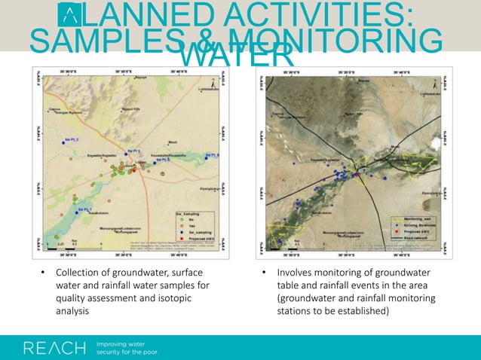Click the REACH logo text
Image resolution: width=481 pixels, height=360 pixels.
click(x=55, y=348)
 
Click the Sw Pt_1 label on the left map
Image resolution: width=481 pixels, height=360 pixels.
click(x=81, y=209)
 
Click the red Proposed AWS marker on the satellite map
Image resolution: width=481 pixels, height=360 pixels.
click(x=357, y=175)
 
